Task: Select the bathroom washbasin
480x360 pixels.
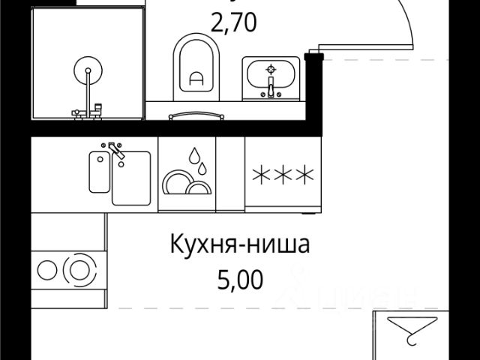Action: [x=271, y=79]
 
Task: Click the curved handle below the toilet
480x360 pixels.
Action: [x=196, y=116]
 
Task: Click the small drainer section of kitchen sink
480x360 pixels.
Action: [x=99, y=172]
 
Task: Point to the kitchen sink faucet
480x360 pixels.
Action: [x=114, y=150]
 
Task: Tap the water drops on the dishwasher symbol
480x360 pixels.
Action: [x=196, y=158]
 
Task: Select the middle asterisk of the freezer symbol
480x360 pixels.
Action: [x=283, y=175]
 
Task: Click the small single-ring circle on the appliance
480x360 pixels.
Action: [x=46, y=268]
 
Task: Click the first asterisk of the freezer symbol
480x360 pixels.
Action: [x=262, y=175]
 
